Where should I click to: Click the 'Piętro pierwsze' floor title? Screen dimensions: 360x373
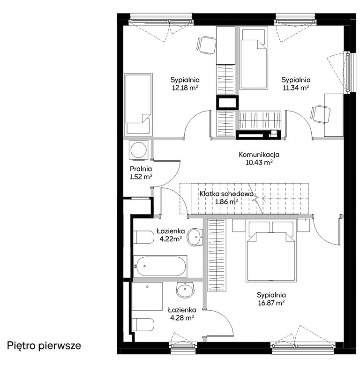pyautogui.click(x=44, y=346)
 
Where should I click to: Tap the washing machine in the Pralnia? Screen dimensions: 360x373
pyautogui.click(x=138, y=149)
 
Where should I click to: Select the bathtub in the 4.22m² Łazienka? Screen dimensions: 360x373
pyautogui.click(x=160, y=266)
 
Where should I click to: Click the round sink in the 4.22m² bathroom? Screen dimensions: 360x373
pyautogui.click(x=195, y=237)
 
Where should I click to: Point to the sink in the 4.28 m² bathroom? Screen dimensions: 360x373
pyautogui.click(x=185, y=290)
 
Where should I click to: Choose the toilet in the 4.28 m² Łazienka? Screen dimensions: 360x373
pyautogui.click(x=143, y=325)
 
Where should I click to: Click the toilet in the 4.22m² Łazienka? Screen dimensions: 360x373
pyautogui.click(x=143, y=237)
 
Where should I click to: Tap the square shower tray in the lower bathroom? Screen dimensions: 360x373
pyautogui.click(x=147, y=297)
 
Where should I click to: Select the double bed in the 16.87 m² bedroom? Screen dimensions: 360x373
pyautogui.click(x=271, y=252)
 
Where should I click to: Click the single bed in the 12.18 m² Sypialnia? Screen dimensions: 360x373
pyautogui.click(x=138, y=104)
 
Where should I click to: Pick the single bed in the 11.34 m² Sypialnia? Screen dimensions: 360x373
pyautogui.click(x=254, y=58)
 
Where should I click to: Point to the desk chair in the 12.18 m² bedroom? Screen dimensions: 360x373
pyautogui.click(x=206, y=45)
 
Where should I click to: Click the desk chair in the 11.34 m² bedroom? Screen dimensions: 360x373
pyautogui.click(x=320, y=114)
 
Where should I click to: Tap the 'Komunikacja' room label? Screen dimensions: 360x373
pyautogui.click(x=259, y=155)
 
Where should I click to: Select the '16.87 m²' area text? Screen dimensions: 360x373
pyautogui.click(x=271, y=303)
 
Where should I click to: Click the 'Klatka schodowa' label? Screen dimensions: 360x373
pyautogui.click(x=226, y=194)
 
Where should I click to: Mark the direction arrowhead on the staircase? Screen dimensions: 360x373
pyautogui.click(x=263, y=198)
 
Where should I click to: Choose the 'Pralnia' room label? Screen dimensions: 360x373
pyautogui.click(x=141, y=169)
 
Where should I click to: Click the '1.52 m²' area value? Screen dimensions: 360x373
pyautogui.click(x=141, y=177)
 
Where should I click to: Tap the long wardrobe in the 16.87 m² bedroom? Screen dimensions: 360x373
pyautogui.click(x=216, y=255)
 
